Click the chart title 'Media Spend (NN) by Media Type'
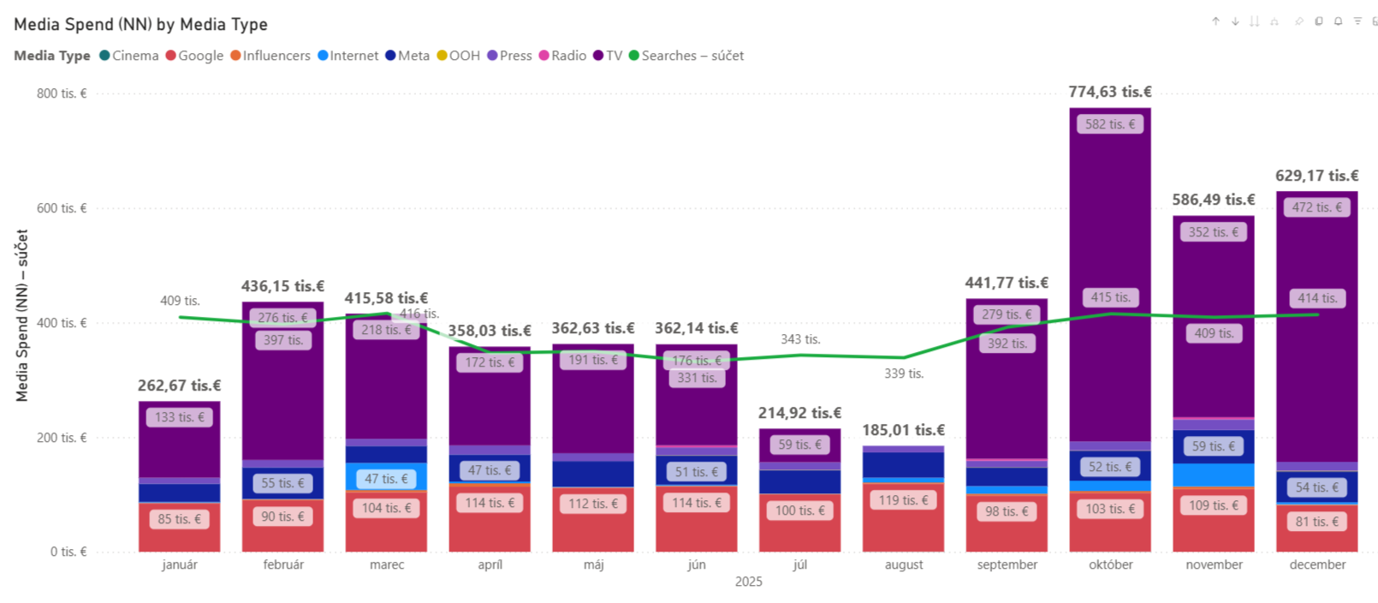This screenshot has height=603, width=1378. click(140, 25)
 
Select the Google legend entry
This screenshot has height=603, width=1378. click(194, 56)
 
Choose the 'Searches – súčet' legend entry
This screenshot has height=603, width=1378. click(686, 56)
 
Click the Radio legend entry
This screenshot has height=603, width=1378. click(562, 56)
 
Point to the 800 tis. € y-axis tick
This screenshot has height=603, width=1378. click(62, 93)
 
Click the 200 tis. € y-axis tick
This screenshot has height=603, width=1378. click(62, 438)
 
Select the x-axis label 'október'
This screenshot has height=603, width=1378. click(1110, 564)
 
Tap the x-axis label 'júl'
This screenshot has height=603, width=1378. click(799, 564)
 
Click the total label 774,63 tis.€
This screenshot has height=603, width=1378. click(1110, 92)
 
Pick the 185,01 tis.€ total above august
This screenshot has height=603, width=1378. click(903, 430)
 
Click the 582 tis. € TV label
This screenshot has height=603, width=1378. click(1110, 124)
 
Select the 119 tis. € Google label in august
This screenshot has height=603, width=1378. click(903, 500)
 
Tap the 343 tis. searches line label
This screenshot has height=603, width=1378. click(800, 339)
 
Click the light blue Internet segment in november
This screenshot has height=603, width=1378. click(1213, 475)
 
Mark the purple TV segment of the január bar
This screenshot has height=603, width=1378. click(179, 439)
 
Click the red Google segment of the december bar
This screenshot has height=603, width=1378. click(1317, 528)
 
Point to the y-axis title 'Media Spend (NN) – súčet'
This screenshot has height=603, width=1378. click(22, 315)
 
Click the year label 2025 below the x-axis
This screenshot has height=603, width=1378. click(748, 582)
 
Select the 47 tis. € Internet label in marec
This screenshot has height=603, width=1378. click(386, 479)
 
